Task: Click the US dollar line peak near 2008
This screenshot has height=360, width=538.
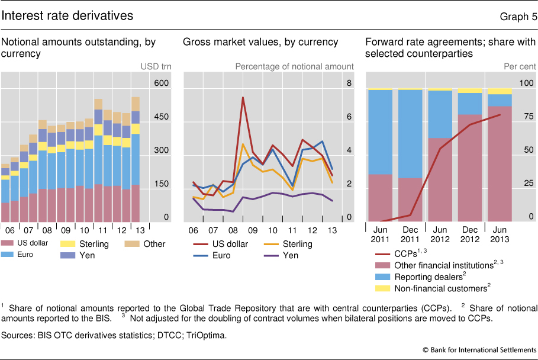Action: point(243,98)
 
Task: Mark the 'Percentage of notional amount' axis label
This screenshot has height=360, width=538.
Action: point(294,67)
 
